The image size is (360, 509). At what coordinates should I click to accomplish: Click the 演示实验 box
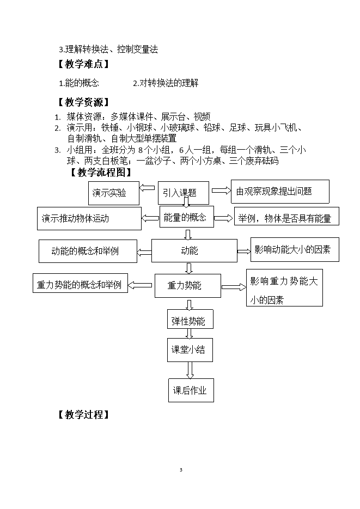(114, 193)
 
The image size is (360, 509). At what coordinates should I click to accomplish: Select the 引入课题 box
(184, 193)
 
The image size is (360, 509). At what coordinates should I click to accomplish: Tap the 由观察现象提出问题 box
(280, 192)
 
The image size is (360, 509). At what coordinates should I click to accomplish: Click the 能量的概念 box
(187, 217)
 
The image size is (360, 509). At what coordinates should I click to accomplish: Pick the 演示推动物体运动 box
(89, 218)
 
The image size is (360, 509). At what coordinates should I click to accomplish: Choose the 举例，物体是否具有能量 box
(286, 216)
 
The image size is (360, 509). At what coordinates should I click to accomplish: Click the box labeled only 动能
(194, 250)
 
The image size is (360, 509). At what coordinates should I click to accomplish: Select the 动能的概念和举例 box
(88, 252)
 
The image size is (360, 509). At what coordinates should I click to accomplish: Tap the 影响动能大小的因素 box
(295, 250)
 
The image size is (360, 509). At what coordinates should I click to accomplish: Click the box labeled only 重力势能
(188, 286)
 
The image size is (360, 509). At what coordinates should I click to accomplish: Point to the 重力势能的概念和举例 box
(80, 283)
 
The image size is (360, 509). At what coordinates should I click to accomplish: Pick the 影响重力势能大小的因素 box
(284, 287)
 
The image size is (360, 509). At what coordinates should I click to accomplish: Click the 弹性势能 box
(190, 319)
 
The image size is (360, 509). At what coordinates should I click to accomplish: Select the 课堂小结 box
(190, 350)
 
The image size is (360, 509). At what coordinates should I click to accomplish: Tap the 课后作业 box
(191, 390)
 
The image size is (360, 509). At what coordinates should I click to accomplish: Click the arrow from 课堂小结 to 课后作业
(190, 370)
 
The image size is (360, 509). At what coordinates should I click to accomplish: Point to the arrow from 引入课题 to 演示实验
(147, 188)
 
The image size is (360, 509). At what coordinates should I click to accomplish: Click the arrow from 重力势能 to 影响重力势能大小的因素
(234, 287)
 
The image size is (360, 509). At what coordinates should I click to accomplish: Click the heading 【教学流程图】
(101, 173)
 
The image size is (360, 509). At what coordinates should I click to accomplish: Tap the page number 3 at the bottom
(181, 470)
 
